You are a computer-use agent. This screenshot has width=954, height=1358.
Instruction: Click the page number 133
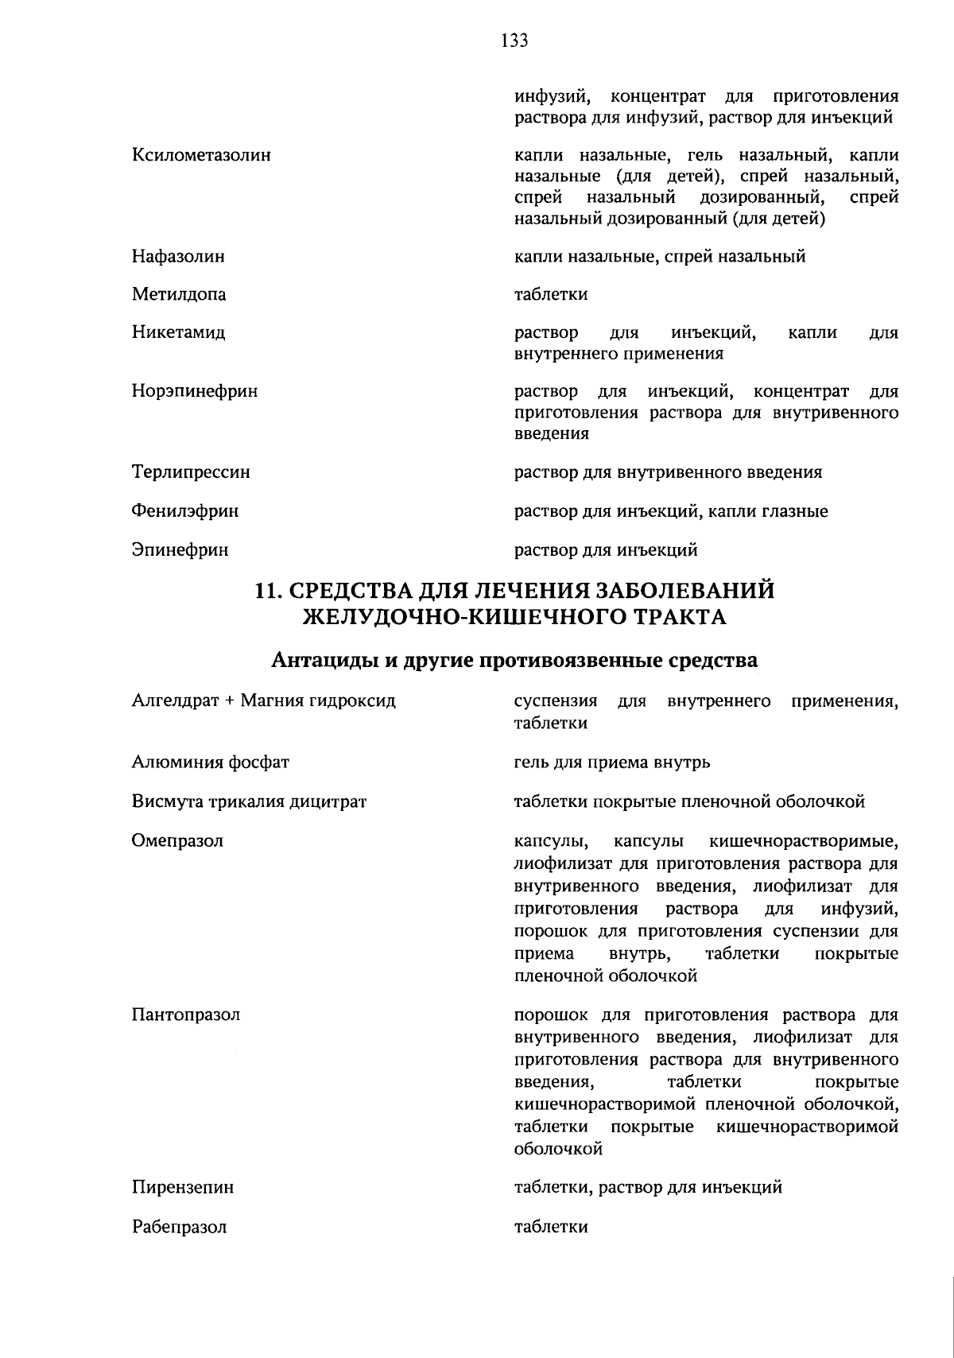pos(514,41)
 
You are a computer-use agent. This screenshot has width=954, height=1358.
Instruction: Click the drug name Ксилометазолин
pos(201,155)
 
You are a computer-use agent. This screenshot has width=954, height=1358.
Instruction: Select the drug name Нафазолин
pos(178,257)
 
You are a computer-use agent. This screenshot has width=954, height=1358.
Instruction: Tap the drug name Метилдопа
pos(179,295)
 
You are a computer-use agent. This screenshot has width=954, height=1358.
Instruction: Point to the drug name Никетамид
pos(178,332)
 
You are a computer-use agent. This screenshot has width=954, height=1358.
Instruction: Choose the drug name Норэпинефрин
pos(195,391)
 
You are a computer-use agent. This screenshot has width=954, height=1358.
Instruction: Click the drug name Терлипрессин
pos(191,472)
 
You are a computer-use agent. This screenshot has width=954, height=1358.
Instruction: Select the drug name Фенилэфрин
pos(185,511)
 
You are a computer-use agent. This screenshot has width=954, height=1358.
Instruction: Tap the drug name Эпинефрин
pos(180,549)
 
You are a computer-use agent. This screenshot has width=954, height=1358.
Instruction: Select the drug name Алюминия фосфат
pos(210,762)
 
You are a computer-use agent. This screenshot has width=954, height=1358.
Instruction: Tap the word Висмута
pos(167,801)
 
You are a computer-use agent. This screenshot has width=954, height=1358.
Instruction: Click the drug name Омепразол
pos(177,840)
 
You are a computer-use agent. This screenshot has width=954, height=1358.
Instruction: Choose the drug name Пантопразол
pos(186,1015)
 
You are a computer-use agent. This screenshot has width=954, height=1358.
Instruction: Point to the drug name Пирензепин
pos(183,1188)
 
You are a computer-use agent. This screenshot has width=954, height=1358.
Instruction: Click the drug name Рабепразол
pos(179,1227)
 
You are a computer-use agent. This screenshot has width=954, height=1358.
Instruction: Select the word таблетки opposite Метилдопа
pos(551,295)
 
